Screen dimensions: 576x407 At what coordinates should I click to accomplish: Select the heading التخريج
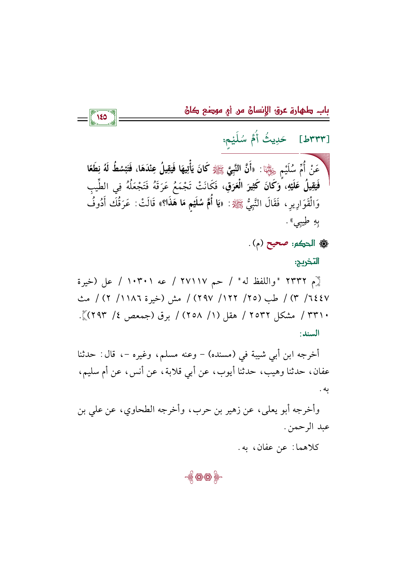(308, 262)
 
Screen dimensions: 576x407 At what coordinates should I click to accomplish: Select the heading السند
(309, 334)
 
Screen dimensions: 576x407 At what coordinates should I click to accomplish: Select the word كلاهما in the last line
(307, 447)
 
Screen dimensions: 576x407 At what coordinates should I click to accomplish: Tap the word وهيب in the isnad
(269, 372)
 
